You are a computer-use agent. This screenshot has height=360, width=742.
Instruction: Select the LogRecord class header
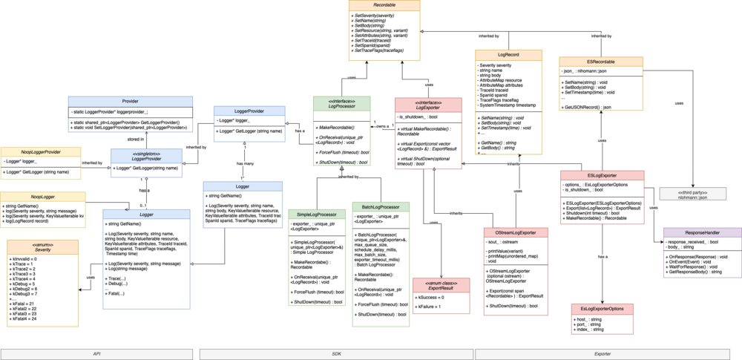point(508,54)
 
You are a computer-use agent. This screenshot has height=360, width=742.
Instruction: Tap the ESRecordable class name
point(600,62)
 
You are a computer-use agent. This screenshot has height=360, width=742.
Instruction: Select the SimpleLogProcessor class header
point(317,213)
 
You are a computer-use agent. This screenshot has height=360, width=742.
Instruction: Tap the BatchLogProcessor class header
point(381,206)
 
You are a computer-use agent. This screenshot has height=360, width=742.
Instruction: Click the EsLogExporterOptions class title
point(603,308)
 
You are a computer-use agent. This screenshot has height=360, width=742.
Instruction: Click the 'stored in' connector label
point(137,138)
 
